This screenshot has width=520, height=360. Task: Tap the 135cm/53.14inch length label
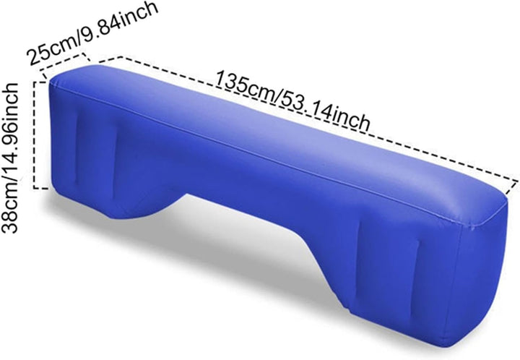(292, 100)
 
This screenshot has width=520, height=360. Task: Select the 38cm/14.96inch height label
(9, 158)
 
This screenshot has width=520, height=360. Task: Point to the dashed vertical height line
(35, 135)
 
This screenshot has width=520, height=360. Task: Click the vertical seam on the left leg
(76, 146)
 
